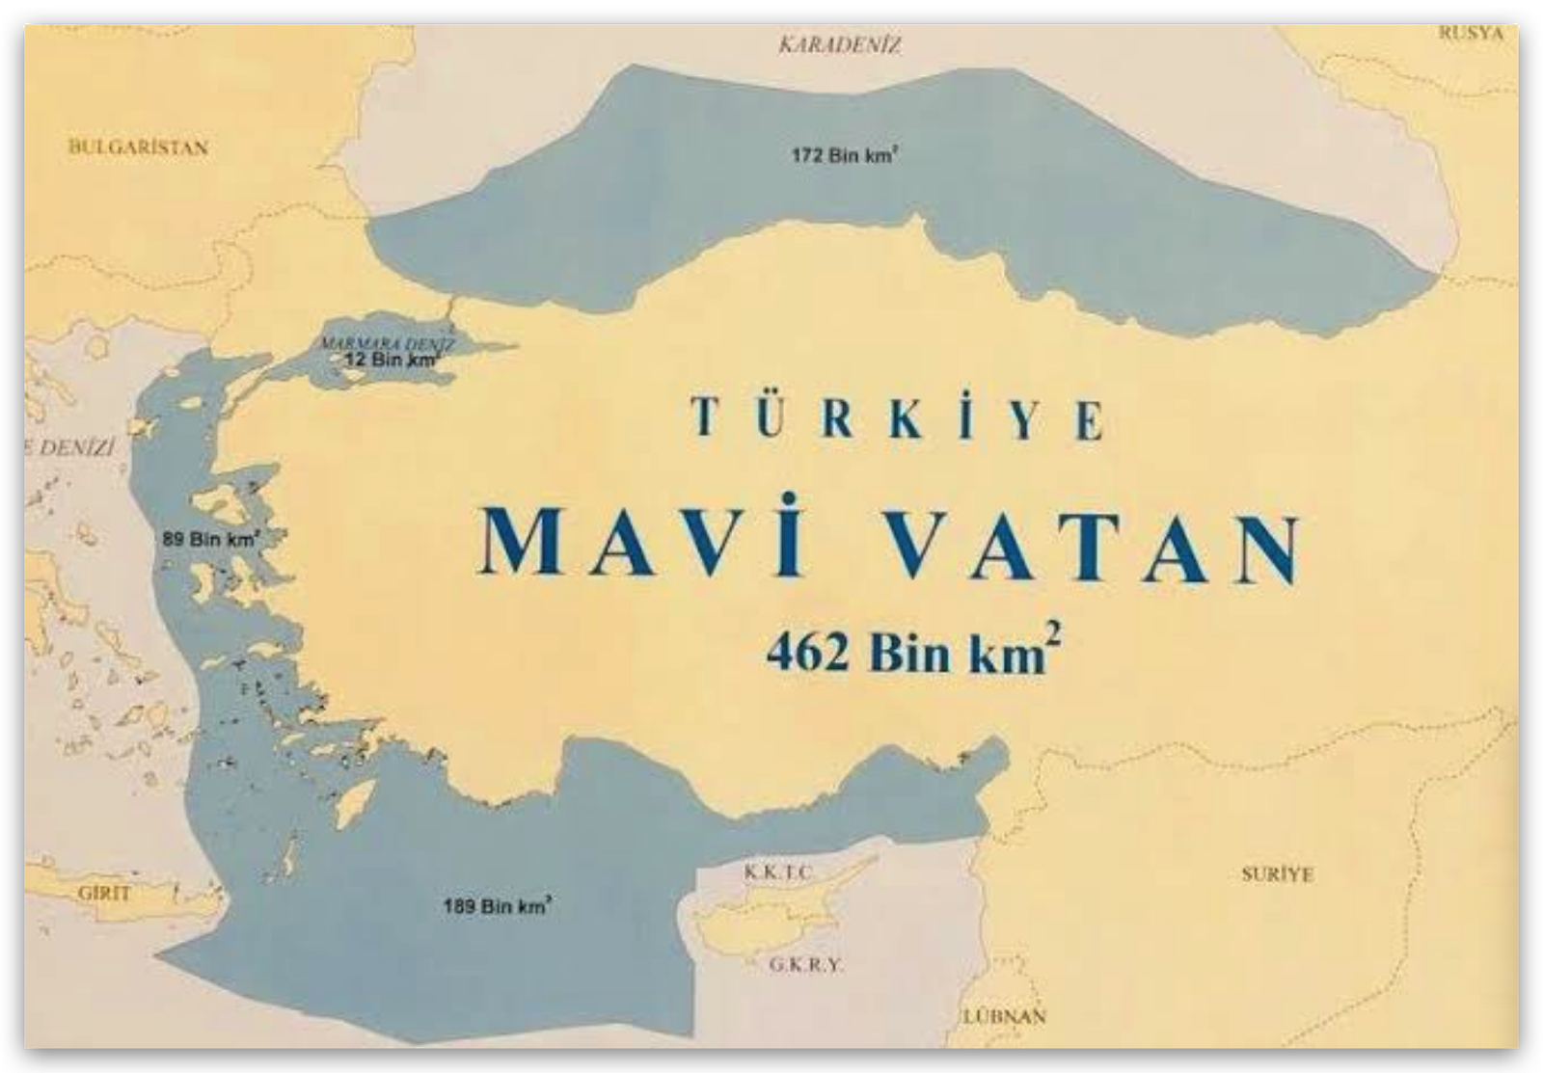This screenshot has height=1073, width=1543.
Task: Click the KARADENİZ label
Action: (839, 45)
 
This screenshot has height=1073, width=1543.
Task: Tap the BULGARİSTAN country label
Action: (138, 148)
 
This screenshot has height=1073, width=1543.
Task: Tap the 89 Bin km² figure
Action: (210, 539)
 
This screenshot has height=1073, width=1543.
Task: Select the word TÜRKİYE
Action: (898, 418)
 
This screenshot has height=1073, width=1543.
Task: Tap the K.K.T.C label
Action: (777, 873)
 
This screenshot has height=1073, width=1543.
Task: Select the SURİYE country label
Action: (1277, 874)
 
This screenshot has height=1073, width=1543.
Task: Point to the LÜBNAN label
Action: (1004, 1016)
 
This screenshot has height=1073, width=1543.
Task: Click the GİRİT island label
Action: (104, 893)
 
